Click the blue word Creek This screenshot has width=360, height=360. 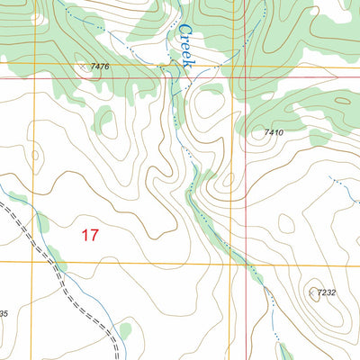point(184,47)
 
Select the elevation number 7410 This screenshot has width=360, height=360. point(274,133)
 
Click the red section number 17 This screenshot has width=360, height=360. point(88,236)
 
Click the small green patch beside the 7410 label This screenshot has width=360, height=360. point(319,138)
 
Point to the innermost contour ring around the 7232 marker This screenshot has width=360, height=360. point(315,299)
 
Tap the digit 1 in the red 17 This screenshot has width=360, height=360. point(84,236)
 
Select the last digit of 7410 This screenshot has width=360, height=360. point(283,133)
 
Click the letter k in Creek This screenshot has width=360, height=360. point(187,65)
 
